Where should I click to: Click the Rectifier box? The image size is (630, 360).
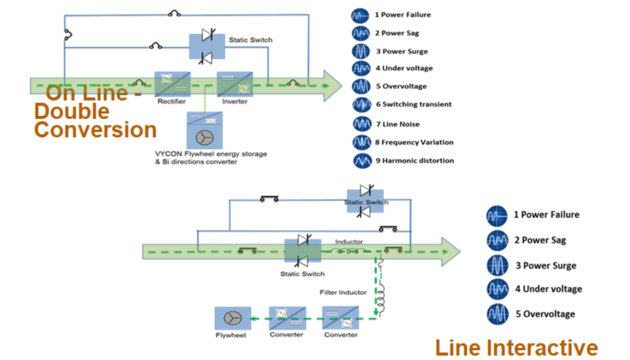point(172,84)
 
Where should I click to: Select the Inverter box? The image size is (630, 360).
point(234,84)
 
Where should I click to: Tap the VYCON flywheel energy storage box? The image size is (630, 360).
point(204,130)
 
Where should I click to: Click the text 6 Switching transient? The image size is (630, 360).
point(413,105)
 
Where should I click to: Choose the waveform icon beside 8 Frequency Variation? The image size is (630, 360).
point(361,142)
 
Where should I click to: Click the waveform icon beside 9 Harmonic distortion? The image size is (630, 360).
point(361,161)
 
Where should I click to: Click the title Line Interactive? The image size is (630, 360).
point(516,348)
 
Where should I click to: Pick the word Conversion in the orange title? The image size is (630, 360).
point(95,130)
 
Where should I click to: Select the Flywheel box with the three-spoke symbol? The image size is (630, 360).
point(233,318)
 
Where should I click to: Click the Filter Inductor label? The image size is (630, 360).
point(343,292)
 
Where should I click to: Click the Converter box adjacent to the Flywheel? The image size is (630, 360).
point(287,318)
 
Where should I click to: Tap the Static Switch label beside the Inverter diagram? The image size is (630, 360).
point(250,40)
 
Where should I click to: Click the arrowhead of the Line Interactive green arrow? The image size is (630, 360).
point(450,251)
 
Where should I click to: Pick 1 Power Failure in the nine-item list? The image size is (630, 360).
point(403,15)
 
